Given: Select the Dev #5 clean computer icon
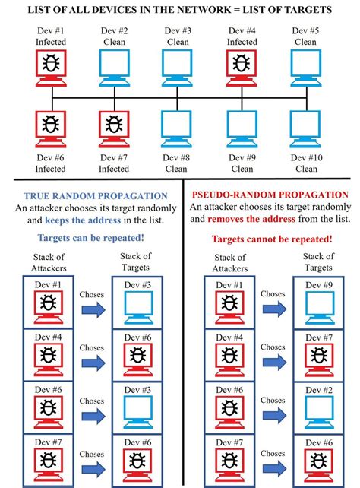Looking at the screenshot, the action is coord(305,68).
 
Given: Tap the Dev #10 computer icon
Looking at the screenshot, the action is coord(305,129).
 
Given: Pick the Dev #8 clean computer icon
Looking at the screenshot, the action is coord(177,129).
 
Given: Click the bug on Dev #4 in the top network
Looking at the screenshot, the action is coord(242,63).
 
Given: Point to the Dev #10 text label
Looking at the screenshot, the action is coord(307,158).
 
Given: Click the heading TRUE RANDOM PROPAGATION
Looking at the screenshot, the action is coord(96,196).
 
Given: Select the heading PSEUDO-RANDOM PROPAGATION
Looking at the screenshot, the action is coord(270,195).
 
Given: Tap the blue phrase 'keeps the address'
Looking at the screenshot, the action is coord(83,220).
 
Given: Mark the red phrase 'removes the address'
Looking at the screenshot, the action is coord(251,219).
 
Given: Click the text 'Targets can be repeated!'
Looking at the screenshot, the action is coord(91,238).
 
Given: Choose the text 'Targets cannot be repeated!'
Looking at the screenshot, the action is coord(272,239).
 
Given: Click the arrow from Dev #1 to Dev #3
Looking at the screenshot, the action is coord(93,310).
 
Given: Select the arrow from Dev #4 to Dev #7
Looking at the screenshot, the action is coord(274,363).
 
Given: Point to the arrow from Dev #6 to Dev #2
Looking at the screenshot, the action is coord(274,415).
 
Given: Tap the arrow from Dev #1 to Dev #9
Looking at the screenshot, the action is coord(274,309).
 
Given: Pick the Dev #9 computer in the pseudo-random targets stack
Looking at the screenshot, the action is coord(320,308).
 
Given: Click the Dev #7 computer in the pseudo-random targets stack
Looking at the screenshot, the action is coord(320,360).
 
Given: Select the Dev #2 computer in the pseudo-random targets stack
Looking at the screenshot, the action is coord(320,413).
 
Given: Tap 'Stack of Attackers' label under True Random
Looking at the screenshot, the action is coord(49,263).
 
